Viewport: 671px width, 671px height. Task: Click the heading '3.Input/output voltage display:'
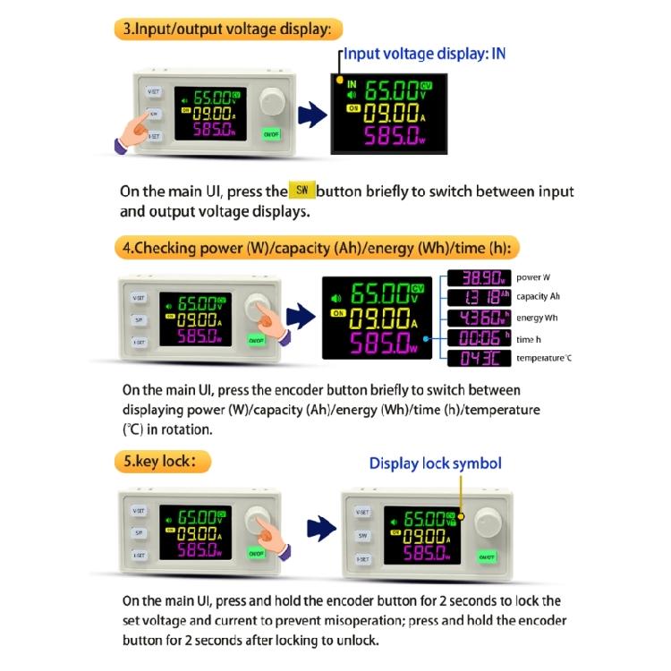click(x=228, y=29)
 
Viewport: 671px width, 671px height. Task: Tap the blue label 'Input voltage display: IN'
click(x=425, y=54)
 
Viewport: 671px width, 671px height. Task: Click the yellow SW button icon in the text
click(x=301, y=191)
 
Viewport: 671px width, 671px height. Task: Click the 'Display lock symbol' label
click(x=436, y=463)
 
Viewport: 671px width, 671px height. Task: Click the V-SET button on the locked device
click(x=362, y=512)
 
